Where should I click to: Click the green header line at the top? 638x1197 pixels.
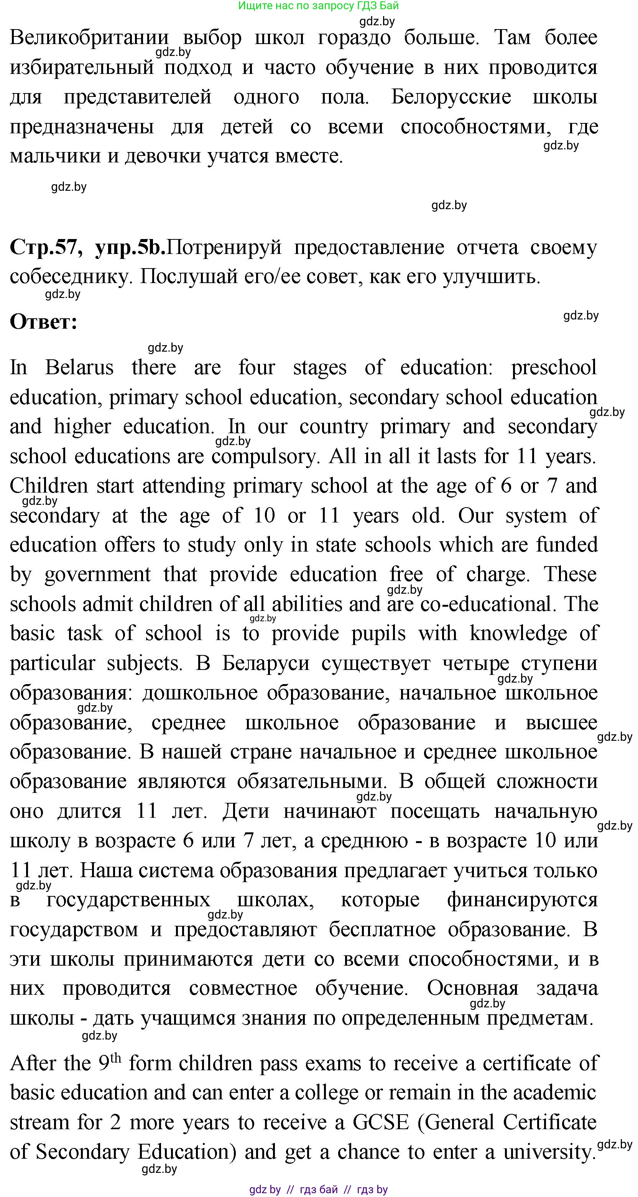[318, 6]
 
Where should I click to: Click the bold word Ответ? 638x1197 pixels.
[43, 321]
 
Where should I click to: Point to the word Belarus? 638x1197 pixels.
[79, 368]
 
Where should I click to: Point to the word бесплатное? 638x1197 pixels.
[382, 930]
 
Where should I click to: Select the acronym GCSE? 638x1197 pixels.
[381, 1123]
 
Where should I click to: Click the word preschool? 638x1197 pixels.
[553, 368]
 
